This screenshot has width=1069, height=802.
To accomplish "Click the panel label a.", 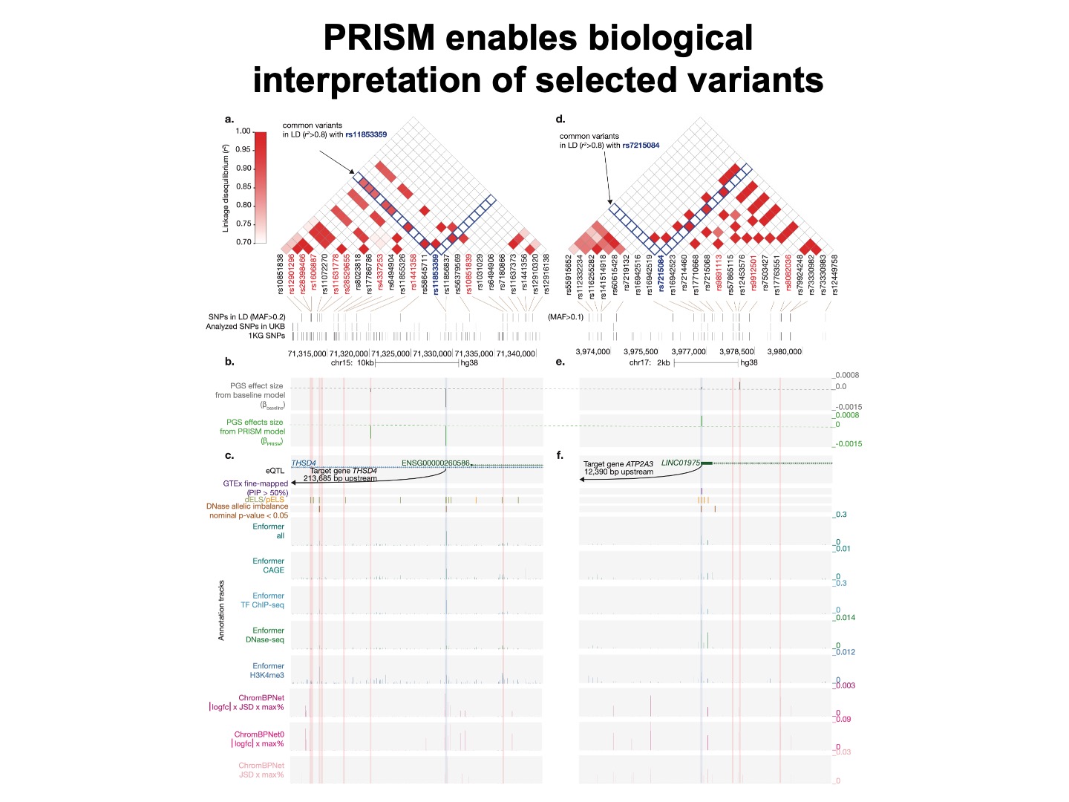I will click(x=229, y=119).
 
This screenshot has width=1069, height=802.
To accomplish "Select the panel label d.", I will click(x=560, y=119).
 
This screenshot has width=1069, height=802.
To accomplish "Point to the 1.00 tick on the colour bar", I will click(x=243, y=131).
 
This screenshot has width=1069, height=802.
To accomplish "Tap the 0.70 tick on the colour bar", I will click(x=243, y=242).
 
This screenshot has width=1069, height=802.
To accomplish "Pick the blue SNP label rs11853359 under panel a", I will click(x=436, y=275).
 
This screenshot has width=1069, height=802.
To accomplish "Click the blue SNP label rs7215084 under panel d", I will click(x=661, y=275).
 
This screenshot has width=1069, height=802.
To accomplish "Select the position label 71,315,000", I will click(x=307, y=354).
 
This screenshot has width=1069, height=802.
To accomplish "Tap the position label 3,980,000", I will click(x=784, y=352).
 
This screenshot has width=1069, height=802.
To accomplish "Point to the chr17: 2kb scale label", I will click(x=650, y=363).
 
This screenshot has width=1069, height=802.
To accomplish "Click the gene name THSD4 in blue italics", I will click(x=304, y=463).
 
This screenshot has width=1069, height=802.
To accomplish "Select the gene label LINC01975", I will click(x=681, y=463).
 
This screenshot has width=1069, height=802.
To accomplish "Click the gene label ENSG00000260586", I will click(x=435, y=463).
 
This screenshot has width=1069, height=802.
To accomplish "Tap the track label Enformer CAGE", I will click(x=268, y=566).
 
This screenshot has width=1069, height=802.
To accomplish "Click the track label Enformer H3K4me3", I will click(x=267, y=671).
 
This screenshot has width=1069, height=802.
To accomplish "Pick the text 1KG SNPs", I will click(x=267, y=336).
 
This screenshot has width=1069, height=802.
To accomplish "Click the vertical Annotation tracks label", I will click(x=221, y=610).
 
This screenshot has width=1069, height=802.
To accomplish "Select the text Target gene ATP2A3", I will click(x=618, y=464).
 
